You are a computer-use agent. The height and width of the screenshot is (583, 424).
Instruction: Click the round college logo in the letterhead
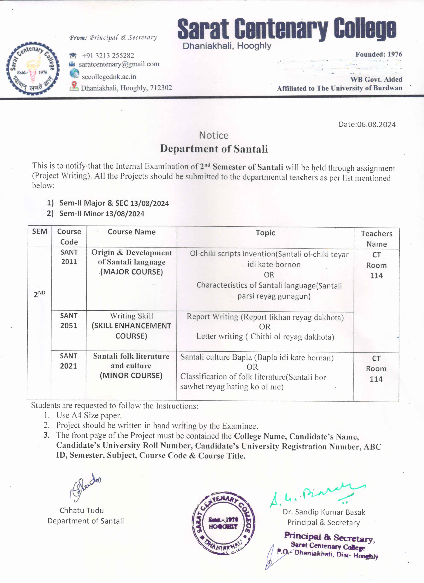click(33, 68)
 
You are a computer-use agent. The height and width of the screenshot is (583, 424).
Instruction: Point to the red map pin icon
click(74, 85)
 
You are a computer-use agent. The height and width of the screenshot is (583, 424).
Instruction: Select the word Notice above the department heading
click(214, 135)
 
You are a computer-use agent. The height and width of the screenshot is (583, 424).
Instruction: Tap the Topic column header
click(265, 233)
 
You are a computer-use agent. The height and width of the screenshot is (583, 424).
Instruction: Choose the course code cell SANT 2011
click(69, 257)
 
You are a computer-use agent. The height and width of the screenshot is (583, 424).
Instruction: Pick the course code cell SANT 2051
click(69, 320)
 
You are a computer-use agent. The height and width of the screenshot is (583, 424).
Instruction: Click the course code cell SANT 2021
click(68, 361)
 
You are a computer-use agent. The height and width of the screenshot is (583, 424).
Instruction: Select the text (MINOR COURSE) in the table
click(131, 376)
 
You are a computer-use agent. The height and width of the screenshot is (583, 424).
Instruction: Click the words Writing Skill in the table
click(131, 316)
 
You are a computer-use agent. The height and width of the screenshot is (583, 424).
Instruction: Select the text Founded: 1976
click(379, 54)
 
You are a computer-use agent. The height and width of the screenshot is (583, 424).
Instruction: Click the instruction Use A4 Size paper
click(89, 415)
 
